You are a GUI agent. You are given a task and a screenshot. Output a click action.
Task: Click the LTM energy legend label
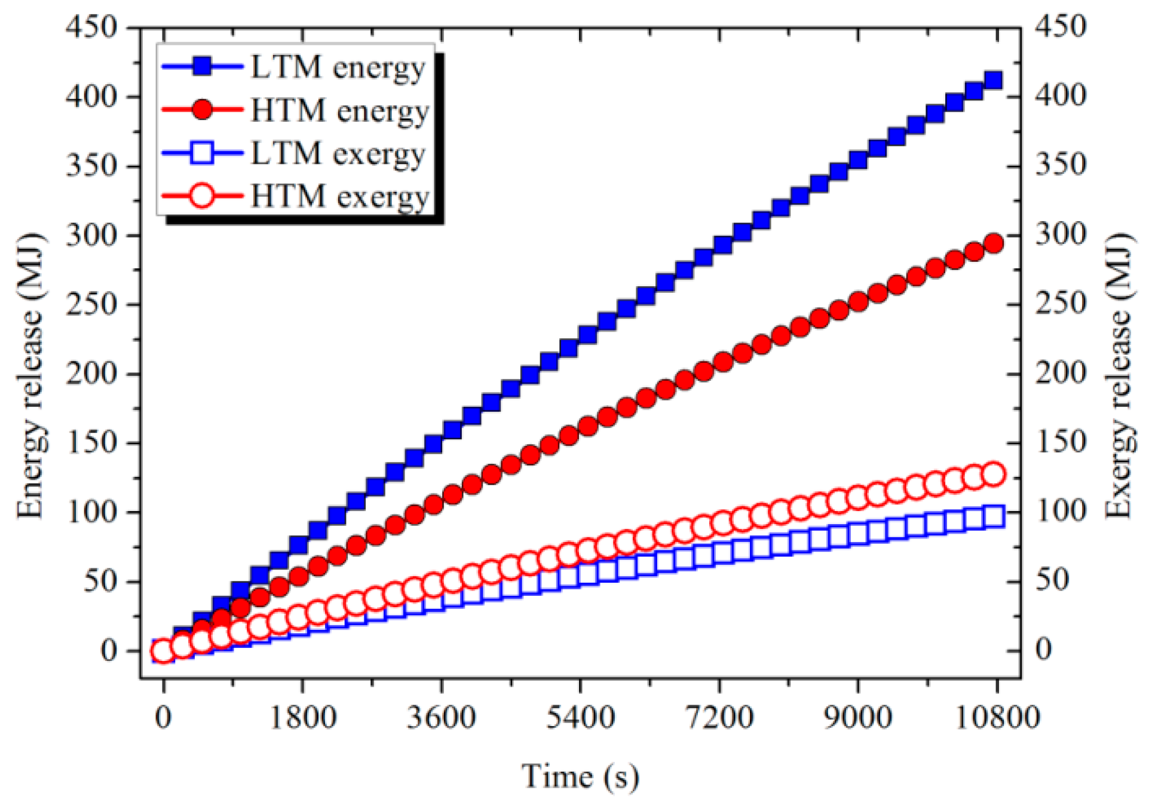pyautogui.click(x=338, y=68)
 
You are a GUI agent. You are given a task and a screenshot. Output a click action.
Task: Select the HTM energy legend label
pyautogui.click(x=339, y=111)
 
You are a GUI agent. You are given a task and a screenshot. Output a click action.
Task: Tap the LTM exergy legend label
pyautogui.click(x=338, y=154)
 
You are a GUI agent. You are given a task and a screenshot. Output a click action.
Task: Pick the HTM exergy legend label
pyautogui.click(x=339, y=197)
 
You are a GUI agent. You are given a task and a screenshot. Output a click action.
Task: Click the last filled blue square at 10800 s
pyautogui.click(x=993, y=80)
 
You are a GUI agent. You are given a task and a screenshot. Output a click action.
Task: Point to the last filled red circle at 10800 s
pyautogui.click(x=994, y=243)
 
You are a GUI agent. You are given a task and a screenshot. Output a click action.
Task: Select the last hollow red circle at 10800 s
pyautogui.click(x=994, y=474)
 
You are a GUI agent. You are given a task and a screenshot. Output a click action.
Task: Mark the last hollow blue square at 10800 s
pyautogui.click(x=994, y=516)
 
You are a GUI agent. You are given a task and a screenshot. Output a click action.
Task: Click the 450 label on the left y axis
pyautogui.click(x=91, y=27)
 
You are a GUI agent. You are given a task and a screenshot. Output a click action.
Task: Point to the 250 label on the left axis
pyautogui.click(x=91, y=304)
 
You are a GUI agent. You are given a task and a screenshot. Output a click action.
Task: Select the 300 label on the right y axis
pyautogui.click(x=1061, y=234)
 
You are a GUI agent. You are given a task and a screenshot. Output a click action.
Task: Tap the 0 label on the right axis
pyautogui.click(x=1043, y=650)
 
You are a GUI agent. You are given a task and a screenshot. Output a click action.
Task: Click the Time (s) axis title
pyautogui.click(x=580, y=776)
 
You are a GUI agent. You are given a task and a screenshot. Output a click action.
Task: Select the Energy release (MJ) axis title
pyautogui.click(x=30, y=375)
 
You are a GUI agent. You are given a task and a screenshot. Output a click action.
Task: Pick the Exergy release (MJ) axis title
pyautogui.click(x=1119, y=375)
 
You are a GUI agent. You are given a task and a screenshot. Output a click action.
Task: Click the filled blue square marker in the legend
pyautogui.click(x=203, y=66)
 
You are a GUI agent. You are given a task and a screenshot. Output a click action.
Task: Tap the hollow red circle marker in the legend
pyautogui.click(x=203, y=196)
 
